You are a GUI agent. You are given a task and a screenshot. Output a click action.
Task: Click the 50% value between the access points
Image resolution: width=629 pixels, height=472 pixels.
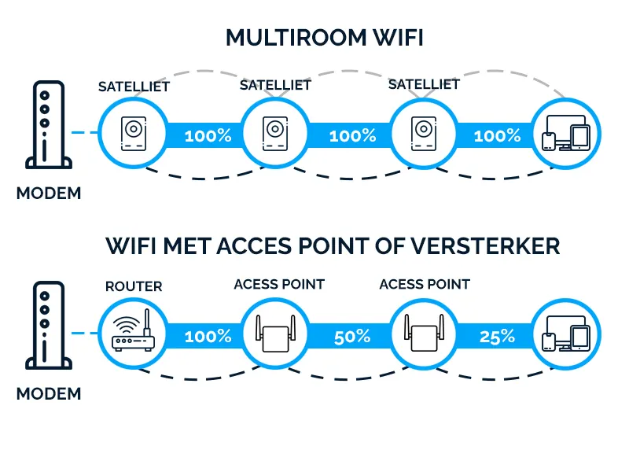pos(352,337)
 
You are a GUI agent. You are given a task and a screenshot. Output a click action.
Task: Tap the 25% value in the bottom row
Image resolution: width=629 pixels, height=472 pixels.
pos(497,337)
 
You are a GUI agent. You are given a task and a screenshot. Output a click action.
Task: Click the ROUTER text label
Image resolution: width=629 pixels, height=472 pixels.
pos(134,286)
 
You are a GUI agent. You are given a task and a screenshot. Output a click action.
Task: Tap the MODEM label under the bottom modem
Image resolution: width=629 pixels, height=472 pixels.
pos(49,393)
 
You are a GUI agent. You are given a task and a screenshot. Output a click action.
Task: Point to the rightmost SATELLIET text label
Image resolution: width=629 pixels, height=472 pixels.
pos(424,84)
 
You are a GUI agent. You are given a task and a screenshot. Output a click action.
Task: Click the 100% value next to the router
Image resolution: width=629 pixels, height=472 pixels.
pos(208,337)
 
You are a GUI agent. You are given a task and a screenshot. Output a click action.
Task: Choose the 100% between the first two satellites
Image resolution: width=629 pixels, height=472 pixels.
pos(208,135)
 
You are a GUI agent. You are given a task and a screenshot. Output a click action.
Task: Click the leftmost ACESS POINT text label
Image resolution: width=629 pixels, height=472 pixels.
pos(279,284)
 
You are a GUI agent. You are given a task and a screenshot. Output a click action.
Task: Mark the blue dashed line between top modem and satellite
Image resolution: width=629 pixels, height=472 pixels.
pos(83,132)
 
